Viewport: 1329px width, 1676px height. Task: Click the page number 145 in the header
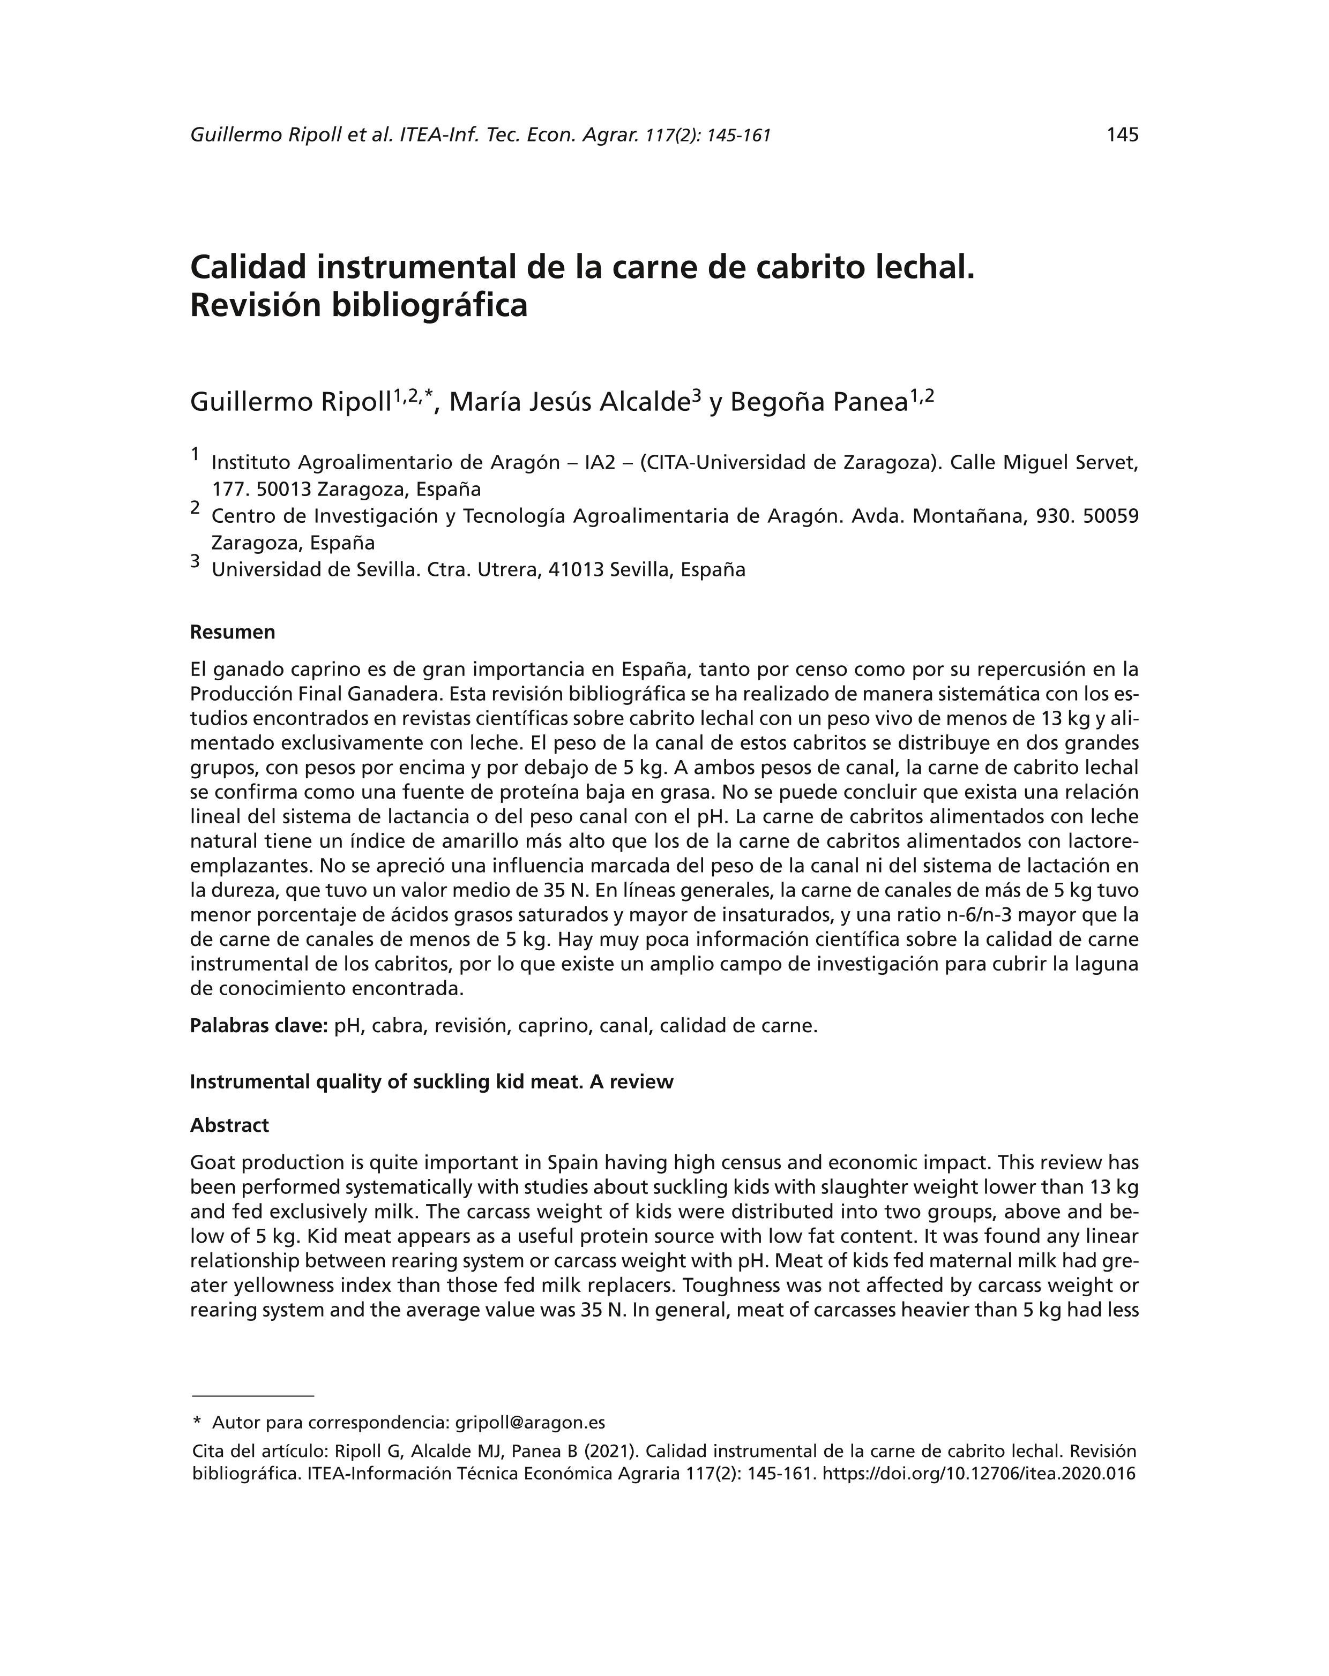[1122, 136]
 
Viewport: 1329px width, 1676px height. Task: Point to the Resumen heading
[233, 632]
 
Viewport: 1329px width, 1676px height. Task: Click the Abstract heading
[229, 1125]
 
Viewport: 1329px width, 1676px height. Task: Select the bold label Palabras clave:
[259, 1026]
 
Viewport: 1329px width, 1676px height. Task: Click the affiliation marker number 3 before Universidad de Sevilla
[195, 561]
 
